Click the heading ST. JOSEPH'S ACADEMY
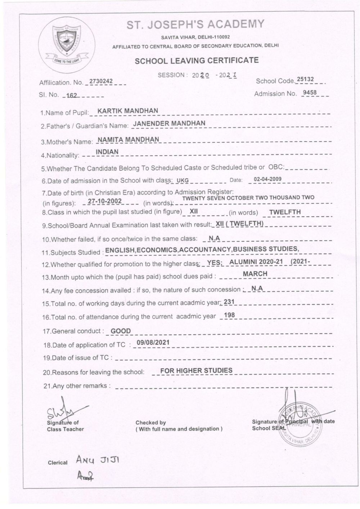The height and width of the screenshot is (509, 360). point(195,24)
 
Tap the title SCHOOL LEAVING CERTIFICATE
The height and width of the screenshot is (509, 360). point(197,61)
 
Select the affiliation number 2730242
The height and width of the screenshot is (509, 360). point(101,81)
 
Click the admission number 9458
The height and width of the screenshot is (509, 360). point(310,93)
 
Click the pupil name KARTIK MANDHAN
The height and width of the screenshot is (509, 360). point(128,111)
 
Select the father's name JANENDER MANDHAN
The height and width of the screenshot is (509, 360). point(169,123)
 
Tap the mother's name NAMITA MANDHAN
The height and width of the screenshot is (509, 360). point(129,139)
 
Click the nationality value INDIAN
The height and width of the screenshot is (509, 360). point(107,152)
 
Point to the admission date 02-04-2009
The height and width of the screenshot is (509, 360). point(267,179)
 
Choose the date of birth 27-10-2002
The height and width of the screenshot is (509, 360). point(105,201)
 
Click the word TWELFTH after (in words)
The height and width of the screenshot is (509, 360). point(285,212)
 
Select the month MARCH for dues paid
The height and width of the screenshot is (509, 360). point(255,274)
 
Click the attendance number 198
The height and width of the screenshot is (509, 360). point(229,315)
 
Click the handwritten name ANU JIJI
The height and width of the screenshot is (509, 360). point(98,460)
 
